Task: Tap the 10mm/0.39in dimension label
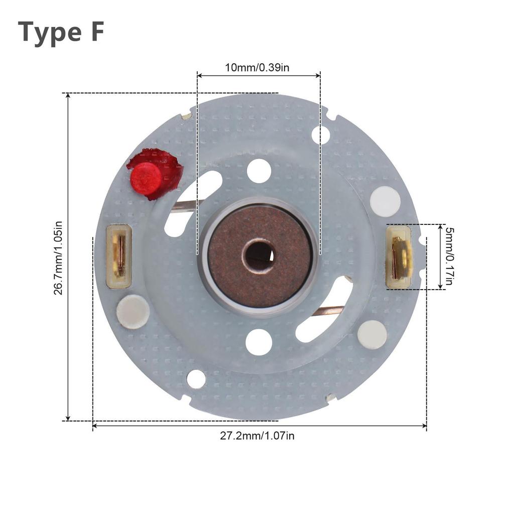click(x=257, y=68)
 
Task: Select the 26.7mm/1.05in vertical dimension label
click(x=58, y=258)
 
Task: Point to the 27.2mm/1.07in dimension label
click(x=257, y=436)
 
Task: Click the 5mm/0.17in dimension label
click(x=450, y=256)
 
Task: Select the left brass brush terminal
click(x=119, y=256)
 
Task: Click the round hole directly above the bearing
click(x=259, y=171)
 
